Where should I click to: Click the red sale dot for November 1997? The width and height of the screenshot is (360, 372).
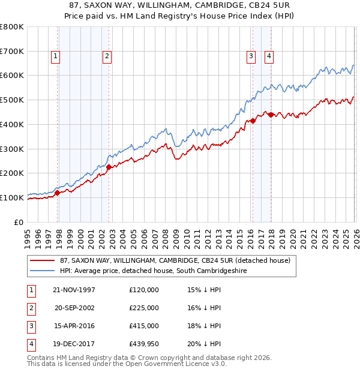click(x=58, y=193)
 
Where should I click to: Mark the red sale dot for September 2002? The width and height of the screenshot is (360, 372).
click(x=109, y=167)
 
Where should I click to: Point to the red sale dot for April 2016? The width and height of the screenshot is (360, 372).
click(x=253, y=121)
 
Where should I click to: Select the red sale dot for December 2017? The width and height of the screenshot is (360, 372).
click(x=271, y=115)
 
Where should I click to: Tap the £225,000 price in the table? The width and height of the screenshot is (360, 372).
click(x=144, y=308)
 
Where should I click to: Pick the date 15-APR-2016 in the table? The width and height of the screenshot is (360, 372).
click(x=74, y=326)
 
